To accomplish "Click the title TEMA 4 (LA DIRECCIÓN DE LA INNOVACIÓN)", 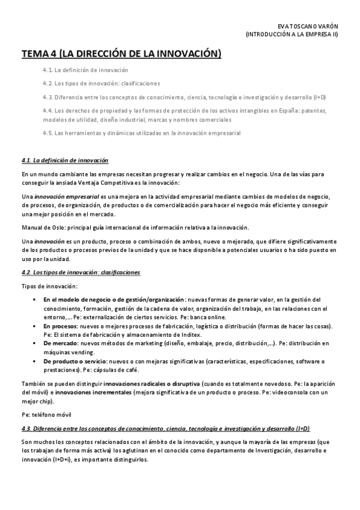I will click(x=121, y=55).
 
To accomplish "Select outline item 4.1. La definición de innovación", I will click(x=85, y=70).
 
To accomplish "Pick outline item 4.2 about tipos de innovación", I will click(x=101, y=84).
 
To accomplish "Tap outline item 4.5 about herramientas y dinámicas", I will click(x=141, y=133).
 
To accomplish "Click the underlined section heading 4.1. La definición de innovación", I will click(x=64, y=161).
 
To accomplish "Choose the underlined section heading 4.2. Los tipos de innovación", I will click(x=81, y=272).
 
